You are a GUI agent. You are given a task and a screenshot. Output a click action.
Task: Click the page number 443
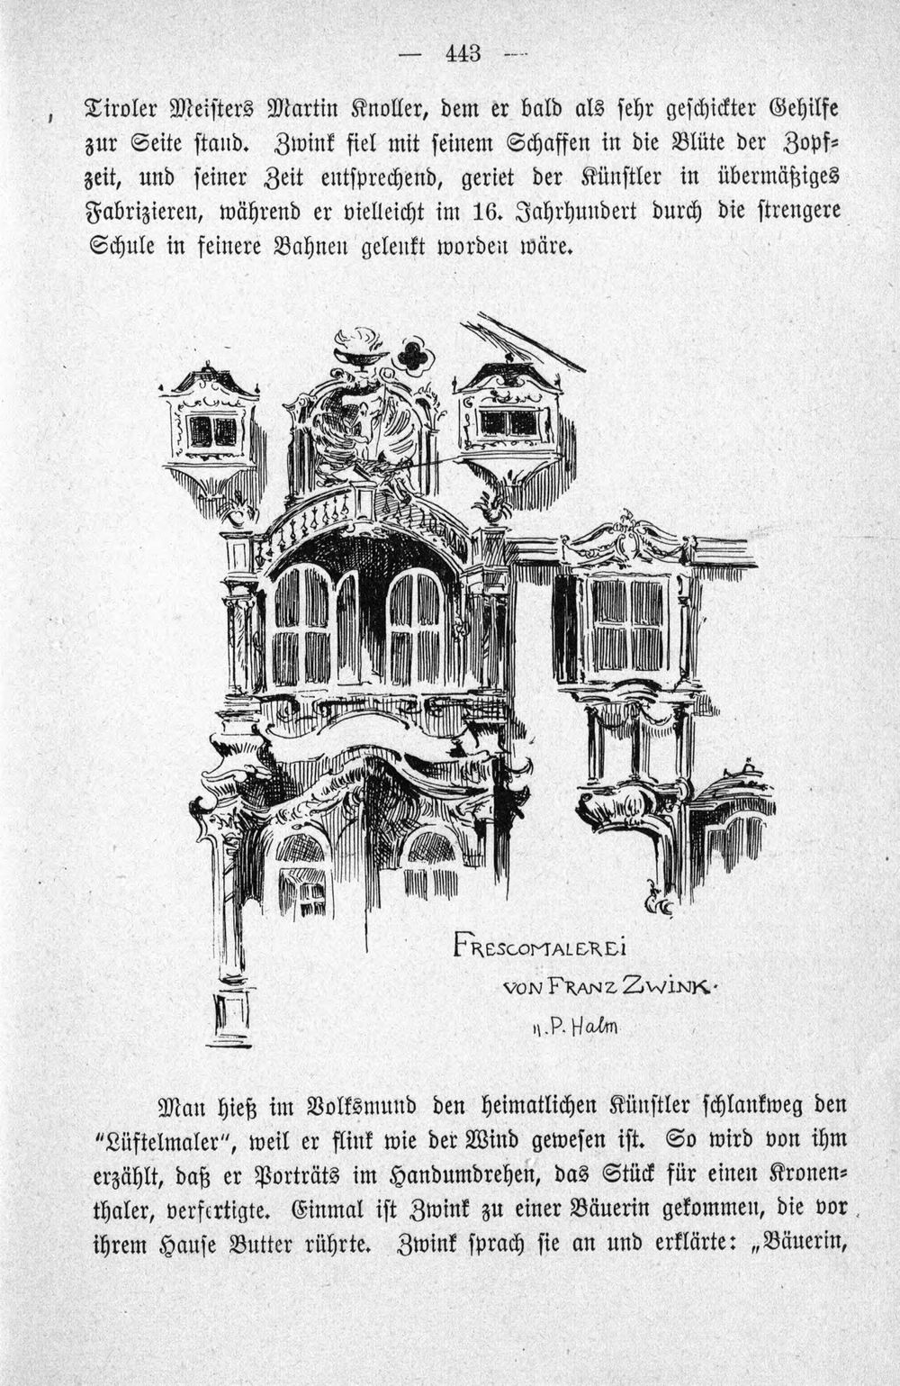[463, 54]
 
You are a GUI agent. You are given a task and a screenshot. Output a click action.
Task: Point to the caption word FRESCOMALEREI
[539, 948]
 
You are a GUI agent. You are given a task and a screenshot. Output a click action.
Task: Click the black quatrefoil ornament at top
[414, 357]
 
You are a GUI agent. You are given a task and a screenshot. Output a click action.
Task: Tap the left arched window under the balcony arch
[301, 625]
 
